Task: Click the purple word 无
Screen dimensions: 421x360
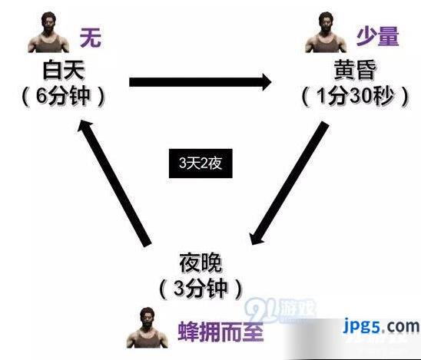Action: point(91,38)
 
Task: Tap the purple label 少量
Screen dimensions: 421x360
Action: point(377,36)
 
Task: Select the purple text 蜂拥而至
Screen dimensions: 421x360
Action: point(220,331)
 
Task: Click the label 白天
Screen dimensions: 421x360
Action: point(64,70)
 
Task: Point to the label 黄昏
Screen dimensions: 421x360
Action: point(355,70)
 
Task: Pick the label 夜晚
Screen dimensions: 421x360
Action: point(201,263)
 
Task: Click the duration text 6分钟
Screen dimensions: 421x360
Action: point(63,96)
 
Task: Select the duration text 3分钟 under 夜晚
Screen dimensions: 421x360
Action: point(201,289)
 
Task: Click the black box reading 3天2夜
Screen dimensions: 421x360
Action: point(201,163)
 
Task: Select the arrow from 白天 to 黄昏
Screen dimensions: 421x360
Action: point(201,82)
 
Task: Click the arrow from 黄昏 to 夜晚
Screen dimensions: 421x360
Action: point(290,183)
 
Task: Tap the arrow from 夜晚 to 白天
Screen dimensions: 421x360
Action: point(114,183)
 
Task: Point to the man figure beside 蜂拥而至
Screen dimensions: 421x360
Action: point(148,328)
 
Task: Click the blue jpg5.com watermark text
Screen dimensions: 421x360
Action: point(381,326)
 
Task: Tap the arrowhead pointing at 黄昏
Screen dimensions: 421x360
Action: point(267,82)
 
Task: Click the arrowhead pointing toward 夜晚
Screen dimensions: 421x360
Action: point(256,237)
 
